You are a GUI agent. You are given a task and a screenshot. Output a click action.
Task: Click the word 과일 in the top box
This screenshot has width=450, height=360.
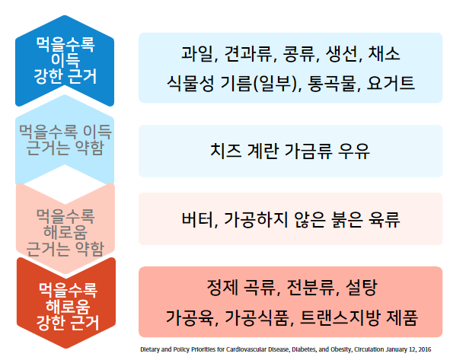[198, 54]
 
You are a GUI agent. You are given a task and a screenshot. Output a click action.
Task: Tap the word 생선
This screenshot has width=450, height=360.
[343, 54]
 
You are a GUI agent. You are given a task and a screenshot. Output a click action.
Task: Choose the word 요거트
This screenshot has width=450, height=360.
[393, 83]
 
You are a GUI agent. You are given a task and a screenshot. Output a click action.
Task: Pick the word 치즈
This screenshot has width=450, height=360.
[225, 151]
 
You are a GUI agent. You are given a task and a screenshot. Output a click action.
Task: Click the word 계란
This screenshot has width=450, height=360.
[266, 151]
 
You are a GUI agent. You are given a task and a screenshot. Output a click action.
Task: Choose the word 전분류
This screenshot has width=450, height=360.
[310, 288]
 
